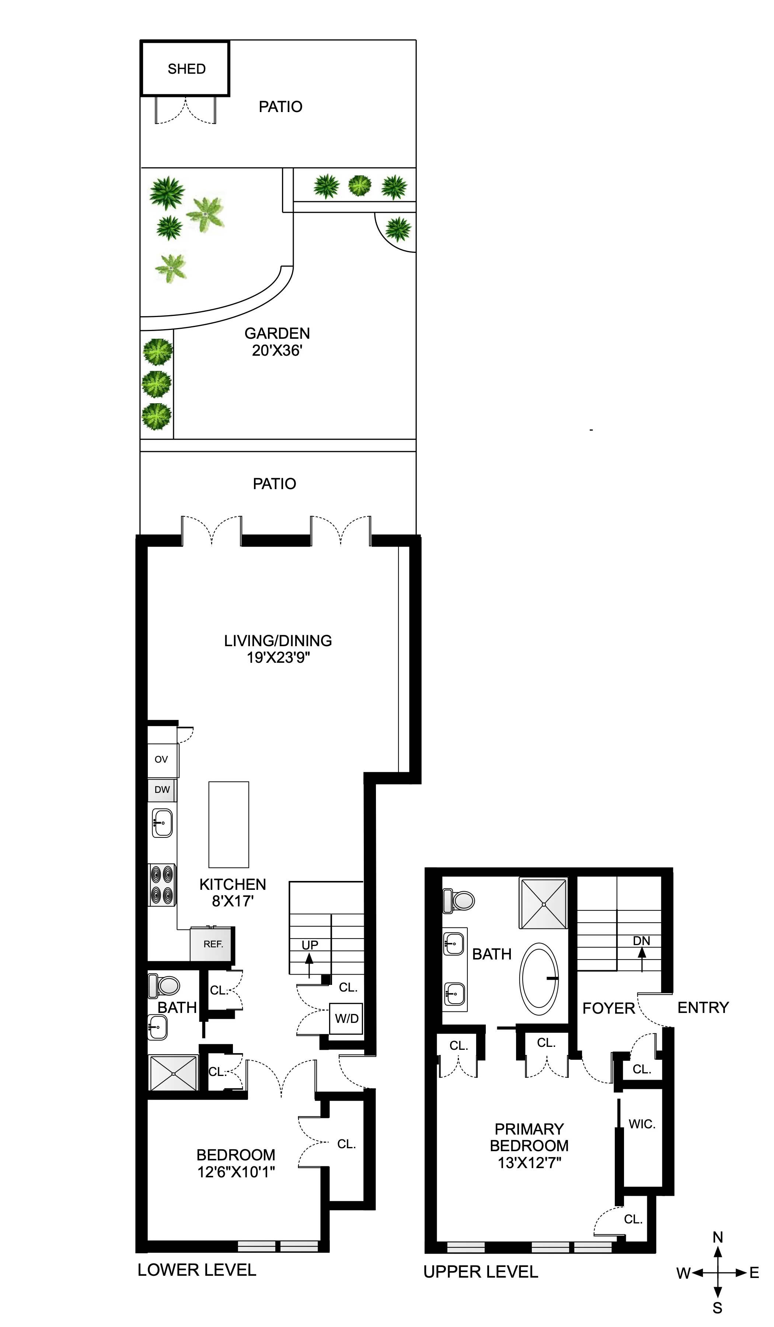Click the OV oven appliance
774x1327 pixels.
162,759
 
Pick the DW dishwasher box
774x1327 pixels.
162,790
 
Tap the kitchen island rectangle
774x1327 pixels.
229,825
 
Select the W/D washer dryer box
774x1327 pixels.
346,1018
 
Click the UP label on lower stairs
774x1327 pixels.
310,945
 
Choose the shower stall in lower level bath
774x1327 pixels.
173,1073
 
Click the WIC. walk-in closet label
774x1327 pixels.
642,1124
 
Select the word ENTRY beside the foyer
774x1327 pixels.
702,1007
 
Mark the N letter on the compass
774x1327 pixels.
718,1237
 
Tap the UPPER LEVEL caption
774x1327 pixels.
480,1272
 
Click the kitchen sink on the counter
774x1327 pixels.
162,822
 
